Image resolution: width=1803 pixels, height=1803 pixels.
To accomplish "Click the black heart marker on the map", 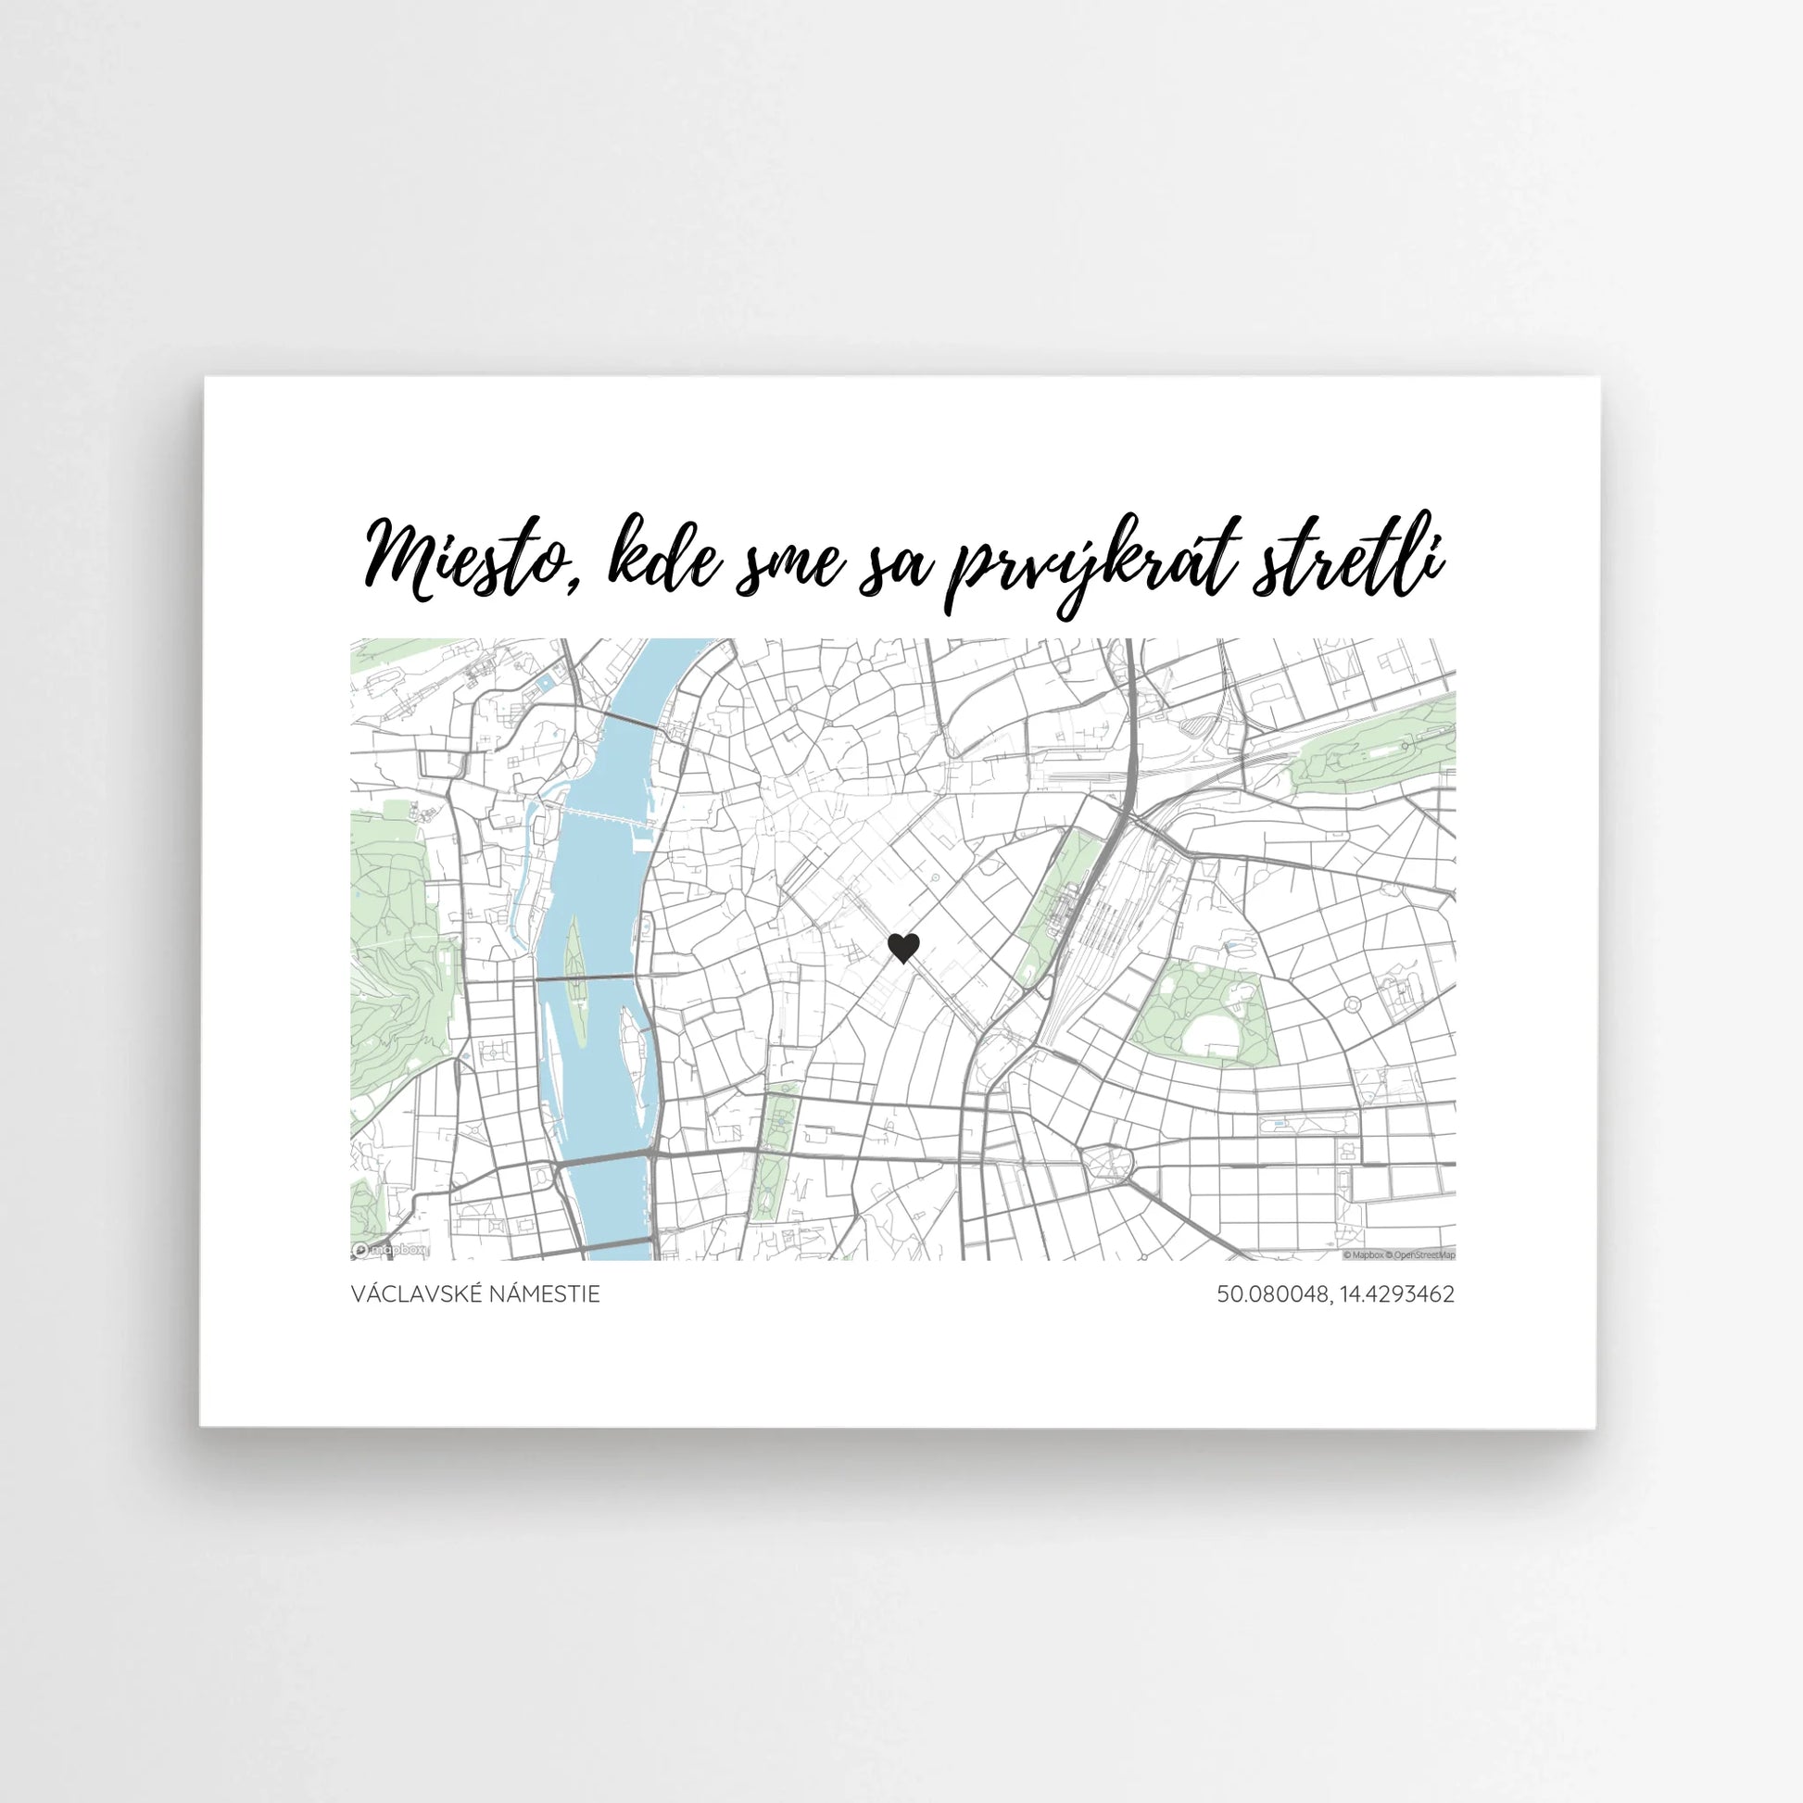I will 902,948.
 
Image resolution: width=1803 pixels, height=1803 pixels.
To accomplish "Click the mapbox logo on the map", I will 390,1250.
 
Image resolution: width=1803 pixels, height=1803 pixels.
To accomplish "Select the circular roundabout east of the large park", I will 1353,1004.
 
